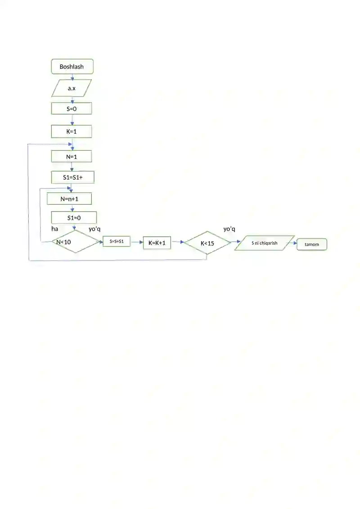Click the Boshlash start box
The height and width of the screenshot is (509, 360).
[72, 67]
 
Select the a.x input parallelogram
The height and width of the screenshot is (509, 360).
[72, 88]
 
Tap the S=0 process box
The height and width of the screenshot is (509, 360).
[72, 109]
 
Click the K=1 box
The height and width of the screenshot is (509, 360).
[72, 131]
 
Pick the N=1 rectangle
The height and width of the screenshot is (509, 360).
[72, 157]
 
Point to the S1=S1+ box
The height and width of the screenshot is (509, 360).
[73, 177]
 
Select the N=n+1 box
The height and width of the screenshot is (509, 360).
[69, 198]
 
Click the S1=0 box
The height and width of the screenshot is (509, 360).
[74, 217]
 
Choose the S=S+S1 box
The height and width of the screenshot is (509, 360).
[117, 241]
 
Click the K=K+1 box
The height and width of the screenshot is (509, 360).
[157, 243]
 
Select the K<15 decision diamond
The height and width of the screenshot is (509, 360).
[207, 243]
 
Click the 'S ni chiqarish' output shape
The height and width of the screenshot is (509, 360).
[265, 243]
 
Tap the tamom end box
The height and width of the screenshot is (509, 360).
[312, 244]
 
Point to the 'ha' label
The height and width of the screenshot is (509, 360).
[54, 229]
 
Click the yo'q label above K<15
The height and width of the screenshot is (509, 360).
[229, 229]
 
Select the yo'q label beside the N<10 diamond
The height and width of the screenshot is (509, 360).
[94, 229]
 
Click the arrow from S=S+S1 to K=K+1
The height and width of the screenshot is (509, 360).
[137, 242]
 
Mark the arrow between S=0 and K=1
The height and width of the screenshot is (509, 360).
[72, 120]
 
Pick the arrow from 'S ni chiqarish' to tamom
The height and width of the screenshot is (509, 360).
[291, 243]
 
